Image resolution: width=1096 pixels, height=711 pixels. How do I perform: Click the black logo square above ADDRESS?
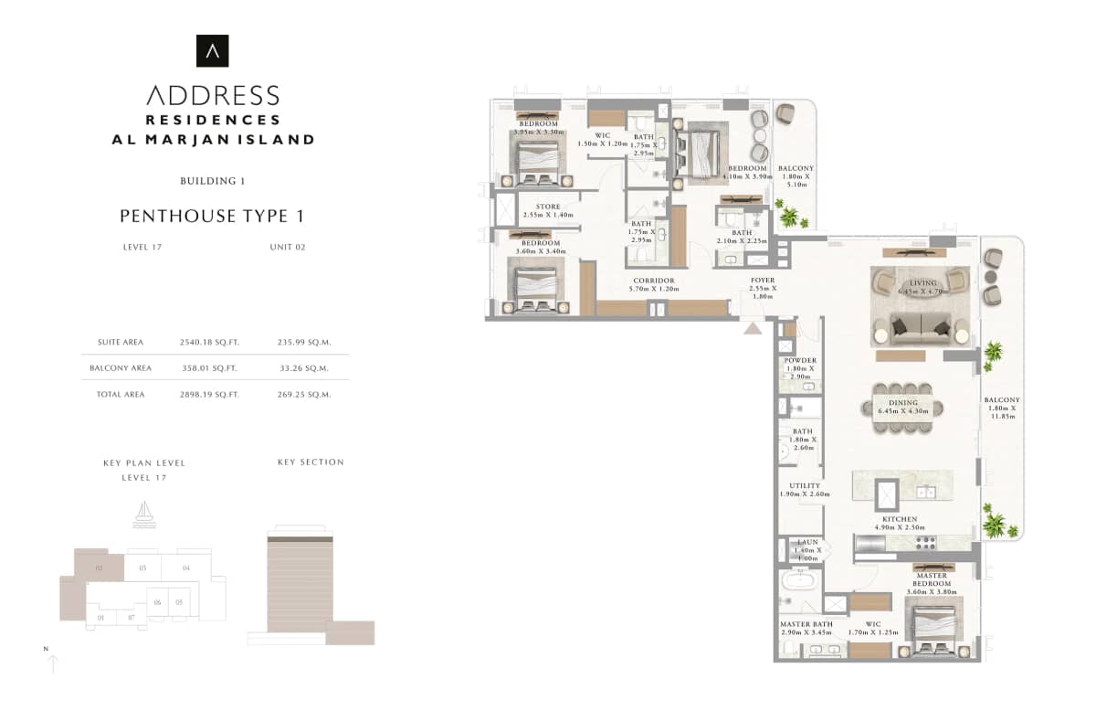(x=213, y=51)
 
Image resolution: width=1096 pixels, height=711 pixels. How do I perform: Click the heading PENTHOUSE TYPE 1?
(x=212, y=217)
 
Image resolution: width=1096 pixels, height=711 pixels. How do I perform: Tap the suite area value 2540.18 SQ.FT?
(x=209, y=343)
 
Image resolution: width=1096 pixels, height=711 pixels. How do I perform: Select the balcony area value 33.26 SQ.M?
(x=302, y=368)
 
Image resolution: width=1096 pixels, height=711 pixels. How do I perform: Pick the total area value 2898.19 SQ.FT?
(x=209, y=395)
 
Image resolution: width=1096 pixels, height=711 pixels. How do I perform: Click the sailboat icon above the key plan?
(x=143, y=514)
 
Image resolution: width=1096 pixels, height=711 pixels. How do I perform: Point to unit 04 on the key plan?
(x=185, y=568)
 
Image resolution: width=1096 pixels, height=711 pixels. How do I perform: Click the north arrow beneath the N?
(x=53, y=664)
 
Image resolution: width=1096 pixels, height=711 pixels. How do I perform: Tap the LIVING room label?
(x=922, y=283)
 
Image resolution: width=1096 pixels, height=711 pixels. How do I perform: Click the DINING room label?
(x=903, y=402)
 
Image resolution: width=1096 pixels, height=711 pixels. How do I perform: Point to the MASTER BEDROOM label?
(x=932, y=578)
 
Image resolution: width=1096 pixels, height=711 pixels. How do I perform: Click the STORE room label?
(x=548, y=207)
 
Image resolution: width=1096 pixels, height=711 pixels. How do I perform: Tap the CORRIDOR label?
(x=652, y=281)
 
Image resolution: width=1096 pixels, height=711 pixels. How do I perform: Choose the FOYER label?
(x=763, y=281)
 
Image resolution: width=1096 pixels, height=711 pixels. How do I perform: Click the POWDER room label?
(x=800, y=361)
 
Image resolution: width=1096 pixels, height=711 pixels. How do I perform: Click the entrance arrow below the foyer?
(x=753, y=326)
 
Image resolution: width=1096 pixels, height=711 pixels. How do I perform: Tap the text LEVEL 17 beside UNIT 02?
(x=142, y=247)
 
